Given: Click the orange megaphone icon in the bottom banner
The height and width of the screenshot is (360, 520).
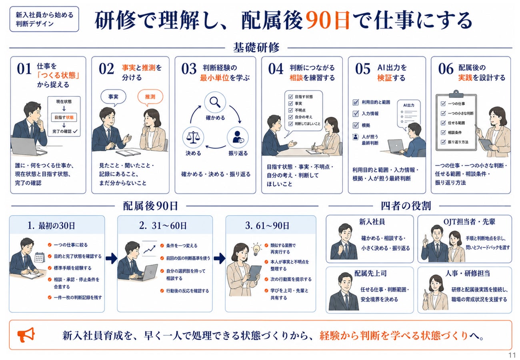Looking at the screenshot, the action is point(26,334).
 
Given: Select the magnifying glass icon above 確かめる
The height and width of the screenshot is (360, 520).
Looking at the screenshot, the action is point(215,102).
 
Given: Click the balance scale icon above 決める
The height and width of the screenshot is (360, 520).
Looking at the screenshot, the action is point(193,138).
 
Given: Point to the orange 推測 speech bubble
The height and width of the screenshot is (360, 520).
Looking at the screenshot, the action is point(150,97).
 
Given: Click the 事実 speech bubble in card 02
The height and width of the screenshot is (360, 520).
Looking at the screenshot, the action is point(113,97).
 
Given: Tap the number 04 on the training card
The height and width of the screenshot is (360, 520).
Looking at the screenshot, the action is point(276,69).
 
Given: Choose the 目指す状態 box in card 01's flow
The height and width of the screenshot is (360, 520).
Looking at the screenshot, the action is point(64,118).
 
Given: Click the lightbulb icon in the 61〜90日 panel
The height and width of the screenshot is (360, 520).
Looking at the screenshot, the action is point(256,249).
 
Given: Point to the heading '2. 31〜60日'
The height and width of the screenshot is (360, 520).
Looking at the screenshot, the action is point(163,226).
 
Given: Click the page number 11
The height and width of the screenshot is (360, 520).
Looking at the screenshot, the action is point(512,355).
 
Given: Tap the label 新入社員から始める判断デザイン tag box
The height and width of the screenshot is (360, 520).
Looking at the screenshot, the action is point(44,19).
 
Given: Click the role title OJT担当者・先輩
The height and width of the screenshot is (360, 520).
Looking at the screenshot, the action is point(469,222).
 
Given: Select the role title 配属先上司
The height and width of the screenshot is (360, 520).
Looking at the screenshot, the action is point(370,273).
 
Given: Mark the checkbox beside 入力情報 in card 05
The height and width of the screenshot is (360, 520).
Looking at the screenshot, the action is point(356,114).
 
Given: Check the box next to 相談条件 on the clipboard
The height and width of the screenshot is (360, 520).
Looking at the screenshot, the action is point(443,132).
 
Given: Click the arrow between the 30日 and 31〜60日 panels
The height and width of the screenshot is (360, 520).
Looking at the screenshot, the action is point(112,258).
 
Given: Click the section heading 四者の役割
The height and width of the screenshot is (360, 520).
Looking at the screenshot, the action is point(406,206).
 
